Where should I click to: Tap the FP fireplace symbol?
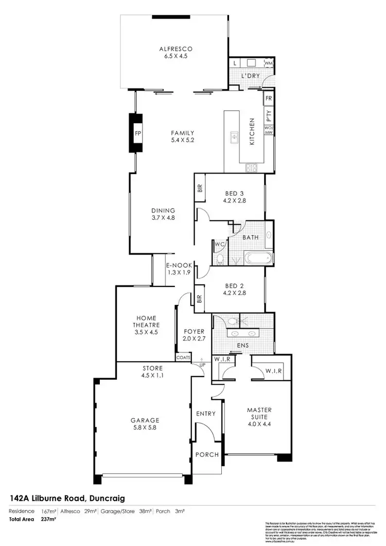coord(137,133)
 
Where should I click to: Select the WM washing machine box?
coord(268,63)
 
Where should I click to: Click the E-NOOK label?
coord(179,265)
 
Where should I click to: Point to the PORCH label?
coord(206,455)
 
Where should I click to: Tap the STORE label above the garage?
coord(152,368)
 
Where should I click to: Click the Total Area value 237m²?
coord(48,519)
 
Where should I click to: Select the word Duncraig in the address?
coord(107,498)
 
